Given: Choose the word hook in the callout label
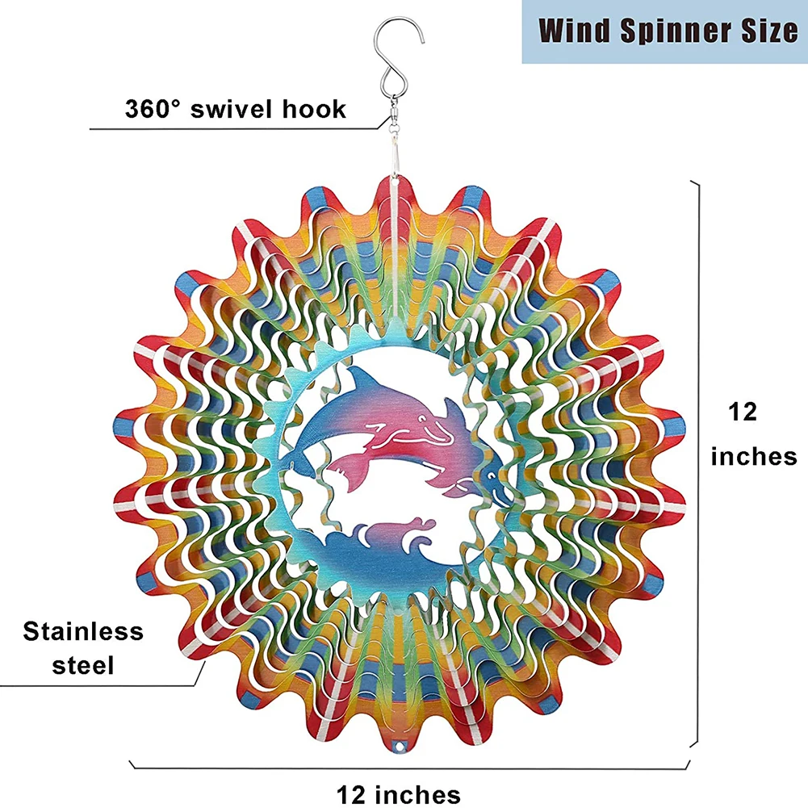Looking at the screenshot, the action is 317,108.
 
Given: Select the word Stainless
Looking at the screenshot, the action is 83,631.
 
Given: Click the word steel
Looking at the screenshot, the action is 83,665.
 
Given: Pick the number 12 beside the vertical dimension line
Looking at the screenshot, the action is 743,412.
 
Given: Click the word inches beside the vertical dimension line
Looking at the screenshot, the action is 753,457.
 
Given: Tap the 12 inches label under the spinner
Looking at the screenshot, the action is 399,793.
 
